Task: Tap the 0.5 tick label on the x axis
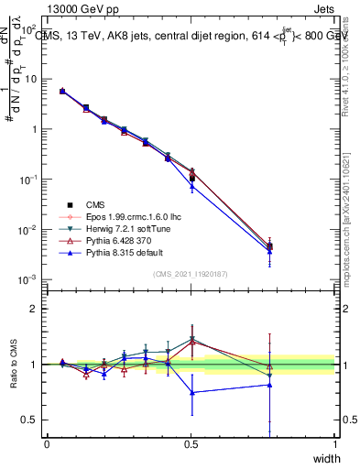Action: (x=191, y=444)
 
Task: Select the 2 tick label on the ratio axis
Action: (x=34, y=309)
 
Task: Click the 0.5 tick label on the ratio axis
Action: (x=30, y=420)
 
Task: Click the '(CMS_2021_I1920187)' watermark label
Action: (x=191, y=274)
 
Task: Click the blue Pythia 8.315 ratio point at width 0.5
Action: (x=191, y=392)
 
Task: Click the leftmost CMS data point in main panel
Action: (x=61, y=91)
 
